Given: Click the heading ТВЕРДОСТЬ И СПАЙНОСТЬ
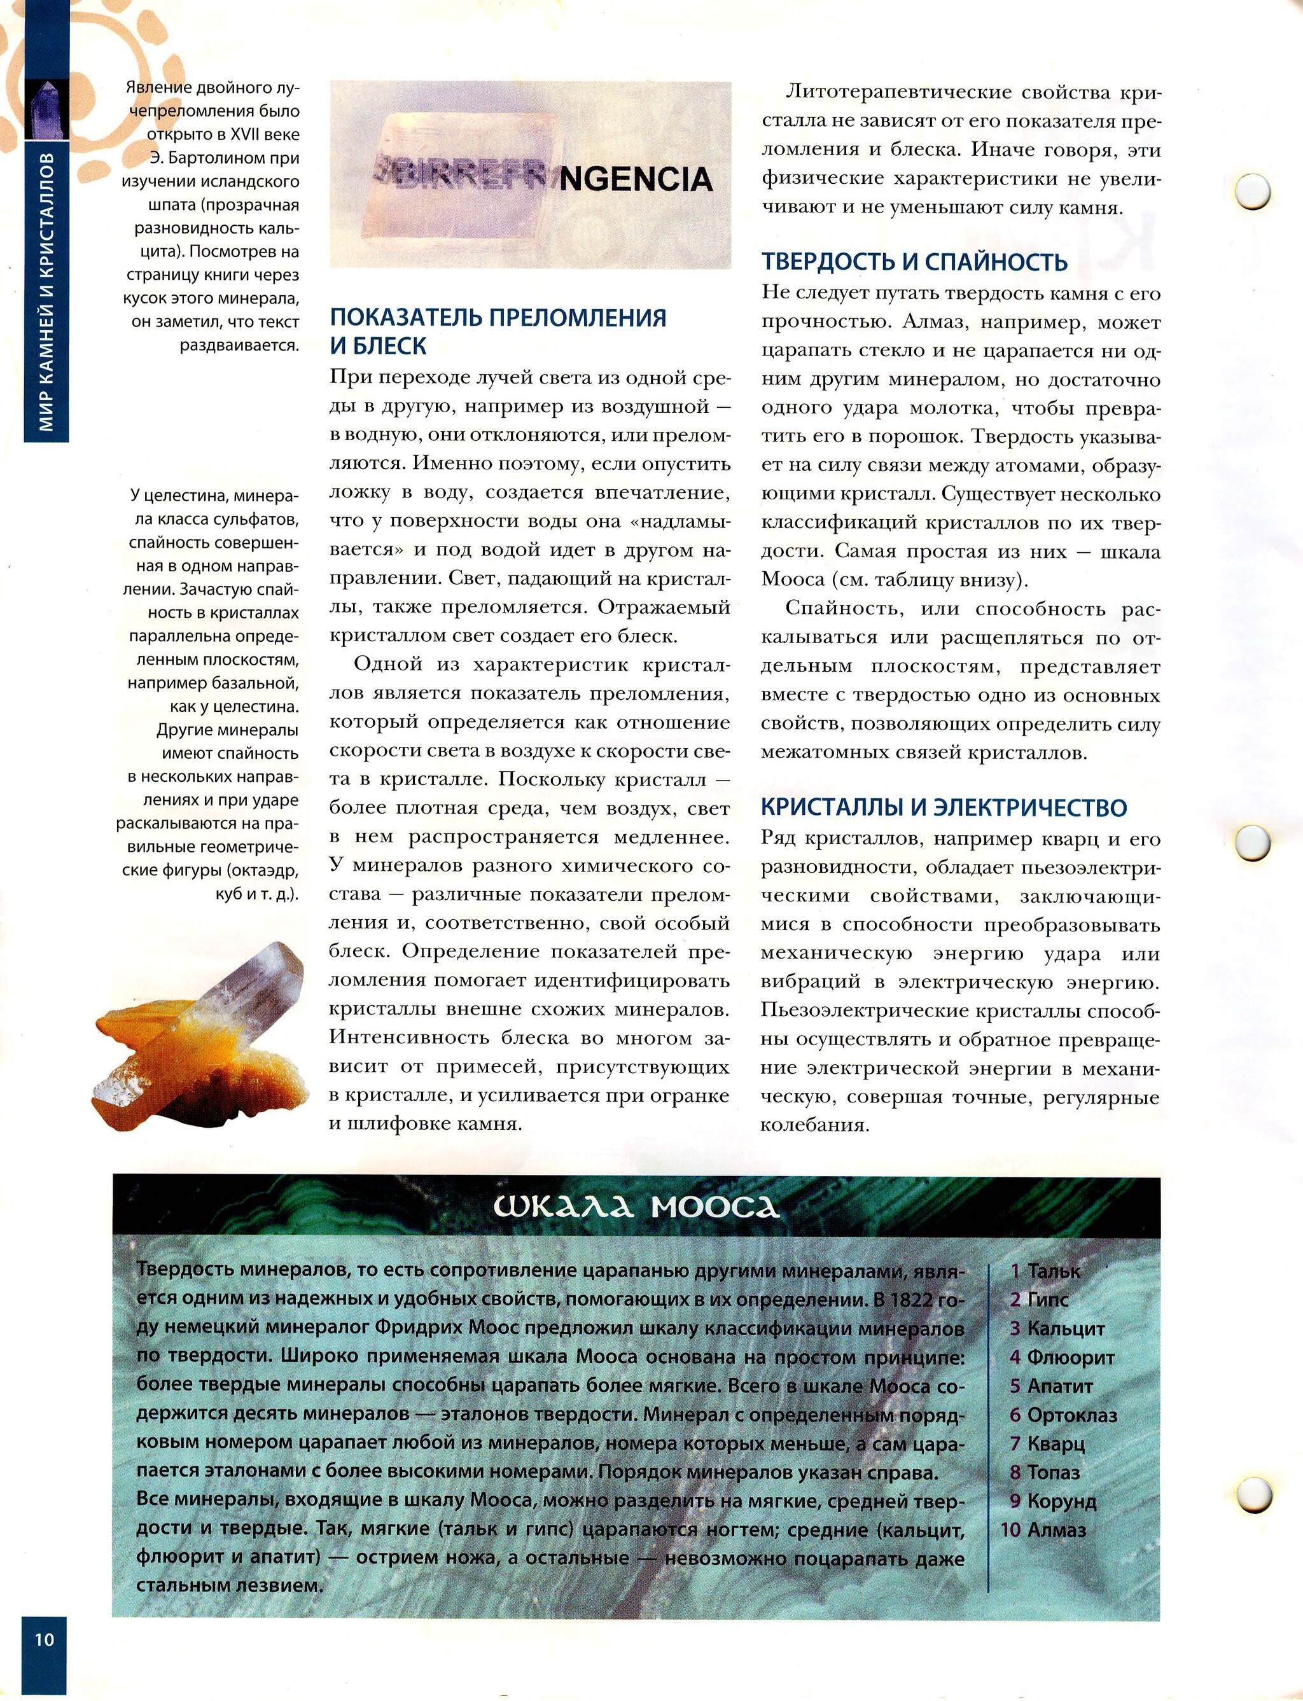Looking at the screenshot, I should click(x=914, y=262).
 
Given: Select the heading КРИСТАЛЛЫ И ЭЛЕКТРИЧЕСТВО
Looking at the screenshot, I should click(x=943, y=807).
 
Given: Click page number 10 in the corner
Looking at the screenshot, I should click(x=43, y=1638).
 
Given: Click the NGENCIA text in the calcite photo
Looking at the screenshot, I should click(x=635, y=180).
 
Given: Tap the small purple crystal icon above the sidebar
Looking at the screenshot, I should click(x=46, y=109).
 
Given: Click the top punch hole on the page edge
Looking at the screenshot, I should click(x=1252, y=191).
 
